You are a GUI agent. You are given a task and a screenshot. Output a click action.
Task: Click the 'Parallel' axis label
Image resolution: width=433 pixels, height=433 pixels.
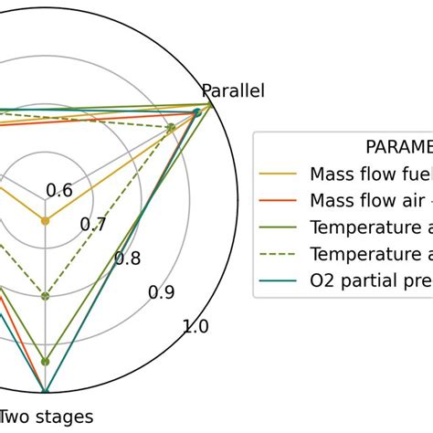232,90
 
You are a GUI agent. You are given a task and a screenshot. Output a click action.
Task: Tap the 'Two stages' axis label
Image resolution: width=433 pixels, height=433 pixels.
47,417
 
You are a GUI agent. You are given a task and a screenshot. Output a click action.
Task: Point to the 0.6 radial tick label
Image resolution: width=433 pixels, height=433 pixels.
59,190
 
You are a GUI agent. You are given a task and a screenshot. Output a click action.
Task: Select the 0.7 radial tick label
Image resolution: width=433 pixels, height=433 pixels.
93,224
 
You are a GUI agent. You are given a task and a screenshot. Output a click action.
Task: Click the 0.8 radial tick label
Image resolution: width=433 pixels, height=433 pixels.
128,259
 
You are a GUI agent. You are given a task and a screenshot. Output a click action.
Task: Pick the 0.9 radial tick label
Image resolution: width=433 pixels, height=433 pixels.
162,292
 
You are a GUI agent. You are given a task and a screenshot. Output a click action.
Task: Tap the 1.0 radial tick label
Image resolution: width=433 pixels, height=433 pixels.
196,327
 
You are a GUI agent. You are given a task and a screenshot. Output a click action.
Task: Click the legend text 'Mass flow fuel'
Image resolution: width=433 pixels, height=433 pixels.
370,174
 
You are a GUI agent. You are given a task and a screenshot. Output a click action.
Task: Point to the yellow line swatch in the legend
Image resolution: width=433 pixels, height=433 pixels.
279,174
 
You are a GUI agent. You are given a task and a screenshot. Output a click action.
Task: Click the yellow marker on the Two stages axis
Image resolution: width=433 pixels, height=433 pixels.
45,220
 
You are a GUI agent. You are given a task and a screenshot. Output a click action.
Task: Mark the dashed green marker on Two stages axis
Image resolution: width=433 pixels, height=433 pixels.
45,295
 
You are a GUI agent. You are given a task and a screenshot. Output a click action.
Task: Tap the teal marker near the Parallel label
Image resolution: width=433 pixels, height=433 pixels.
196,113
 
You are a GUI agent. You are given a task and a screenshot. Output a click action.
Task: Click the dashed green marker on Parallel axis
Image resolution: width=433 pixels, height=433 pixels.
171,128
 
